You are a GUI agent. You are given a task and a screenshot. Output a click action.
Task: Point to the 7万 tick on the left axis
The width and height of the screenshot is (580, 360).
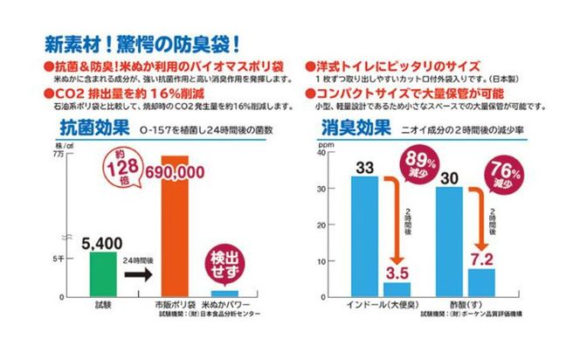click(59, 154)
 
